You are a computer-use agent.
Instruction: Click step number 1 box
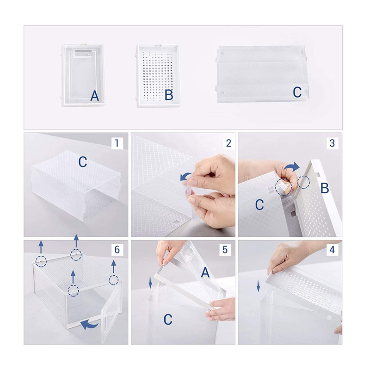click(x=117, y=143)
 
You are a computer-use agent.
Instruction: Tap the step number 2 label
click(x=228, y=143)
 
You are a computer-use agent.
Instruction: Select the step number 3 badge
click(x=332, y=143)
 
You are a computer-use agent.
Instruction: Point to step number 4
click(x=332, y=249)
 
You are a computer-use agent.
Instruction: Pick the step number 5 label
click(x=225, y=249)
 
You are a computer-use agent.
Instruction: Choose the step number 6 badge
click(x=117, y=249)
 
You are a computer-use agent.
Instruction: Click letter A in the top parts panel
click(x=94, y=96)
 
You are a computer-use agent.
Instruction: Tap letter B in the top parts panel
click(x=169, y=95)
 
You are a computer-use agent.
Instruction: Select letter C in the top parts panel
click(x=297, y=92)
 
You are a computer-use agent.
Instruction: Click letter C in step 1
click(x=83, y=162)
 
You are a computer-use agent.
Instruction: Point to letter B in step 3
click(x=325, y=188)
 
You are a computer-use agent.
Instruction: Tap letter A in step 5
click(x=205, y=272)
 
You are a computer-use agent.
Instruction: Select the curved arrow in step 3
click(x=292, y=167)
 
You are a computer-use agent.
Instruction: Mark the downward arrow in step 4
click(x=259, y=286)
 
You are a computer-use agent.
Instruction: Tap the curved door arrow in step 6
click(x=89, y=325)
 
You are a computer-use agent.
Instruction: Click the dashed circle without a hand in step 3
click(x=303, y=182)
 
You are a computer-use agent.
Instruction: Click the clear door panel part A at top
click(x=83, y=75)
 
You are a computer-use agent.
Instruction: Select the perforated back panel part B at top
click(x=158, y=75)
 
